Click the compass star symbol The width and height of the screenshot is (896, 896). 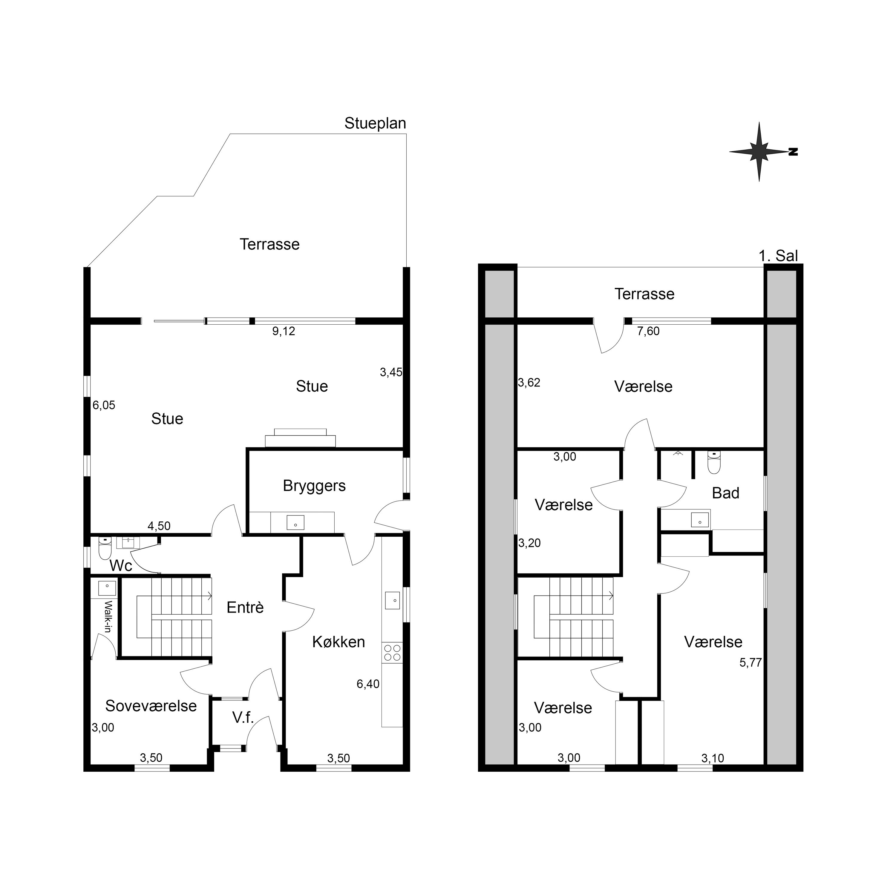click(x=759, y=152)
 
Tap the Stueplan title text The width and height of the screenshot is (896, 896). click(x=375, y=123)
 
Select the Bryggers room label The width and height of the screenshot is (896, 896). click(x=314, y=486)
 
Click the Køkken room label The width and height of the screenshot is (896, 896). click(x=338, y=642)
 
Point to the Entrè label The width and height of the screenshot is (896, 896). click(x=245, y=607)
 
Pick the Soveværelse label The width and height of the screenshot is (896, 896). click(x=151, y=706)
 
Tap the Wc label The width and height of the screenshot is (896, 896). click(x=121, y=566)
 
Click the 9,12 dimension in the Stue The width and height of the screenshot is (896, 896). click(x=284, y=331)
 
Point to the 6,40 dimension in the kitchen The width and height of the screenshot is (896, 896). click(x=368, y=684)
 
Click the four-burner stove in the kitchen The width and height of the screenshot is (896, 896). click(x=392, y=653)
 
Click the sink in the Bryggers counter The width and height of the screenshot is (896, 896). click(x=295, y=523)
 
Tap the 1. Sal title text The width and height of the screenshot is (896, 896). click(x=778, y=256)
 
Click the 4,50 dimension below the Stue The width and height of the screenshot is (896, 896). click(x=159, y=526)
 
